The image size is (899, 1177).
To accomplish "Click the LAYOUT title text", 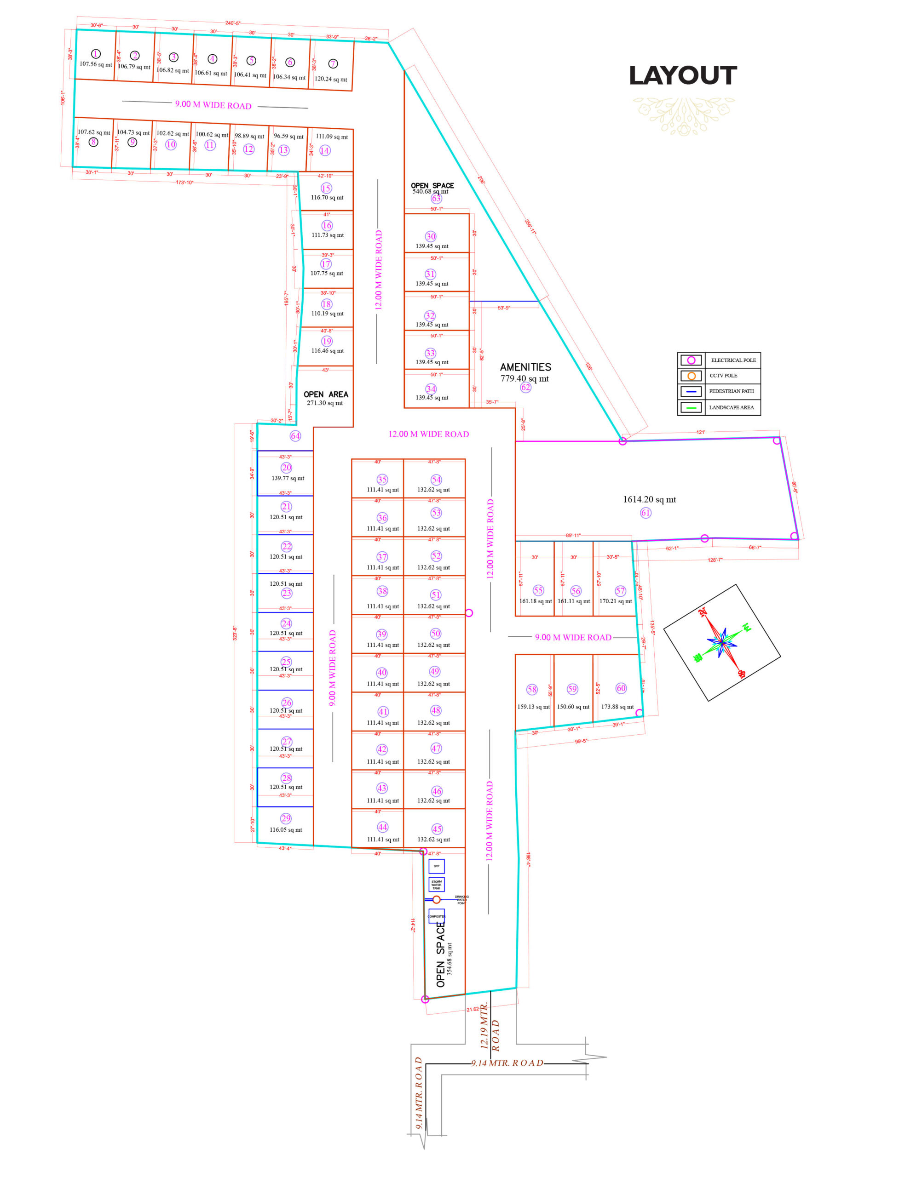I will click(x=683, y=75).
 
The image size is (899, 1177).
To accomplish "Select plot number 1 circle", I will click(x=96, y=54).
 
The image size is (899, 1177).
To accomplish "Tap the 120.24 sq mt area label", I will click(x=331, y=79).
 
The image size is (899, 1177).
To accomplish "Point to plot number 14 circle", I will click(x=324, y=151).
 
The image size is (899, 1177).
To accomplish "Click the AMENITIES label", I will click(x=525, y=367).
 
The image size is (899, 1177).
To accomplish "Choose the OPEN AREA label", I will click(x=326, y=394).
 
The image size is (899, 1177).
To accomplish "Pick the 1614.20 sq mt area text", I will click(x=649, y=499).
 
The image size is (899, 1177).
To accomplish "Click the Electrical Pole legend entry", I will click(x=719, y=360).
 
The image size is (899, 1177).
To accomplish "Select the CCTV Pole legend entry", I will click(x=719, y=376).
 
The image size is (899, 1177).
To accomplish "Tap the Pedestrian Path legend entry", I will click(x=719, y=391).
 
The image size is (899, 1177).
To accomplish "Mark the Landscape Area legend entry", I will click(x=719, y=407).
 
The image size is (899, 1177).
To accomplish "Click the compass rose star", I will click(x=722, y=642).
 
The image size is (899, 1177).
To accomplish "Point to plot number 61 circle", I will click(x=646, y=513).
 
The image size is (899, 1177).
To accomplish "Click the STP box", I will click(x=437, y=866).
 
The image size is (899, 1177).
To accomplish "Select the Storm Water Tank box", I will click(x=437, y=885).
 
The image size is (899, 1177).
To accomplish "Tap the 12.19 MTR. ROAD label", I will click(x=489, y=1027).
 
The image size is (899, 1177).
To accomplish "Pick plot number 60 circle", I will click(x=621, y=688).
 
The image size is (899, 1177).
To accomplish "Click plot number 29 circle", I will click(x=286, y=819).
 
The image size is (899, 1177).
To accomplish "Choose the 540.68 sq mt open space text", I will click(x=430, y=191).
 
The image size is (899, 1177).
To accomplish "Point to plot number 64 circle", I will click(x=295, y=436).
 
